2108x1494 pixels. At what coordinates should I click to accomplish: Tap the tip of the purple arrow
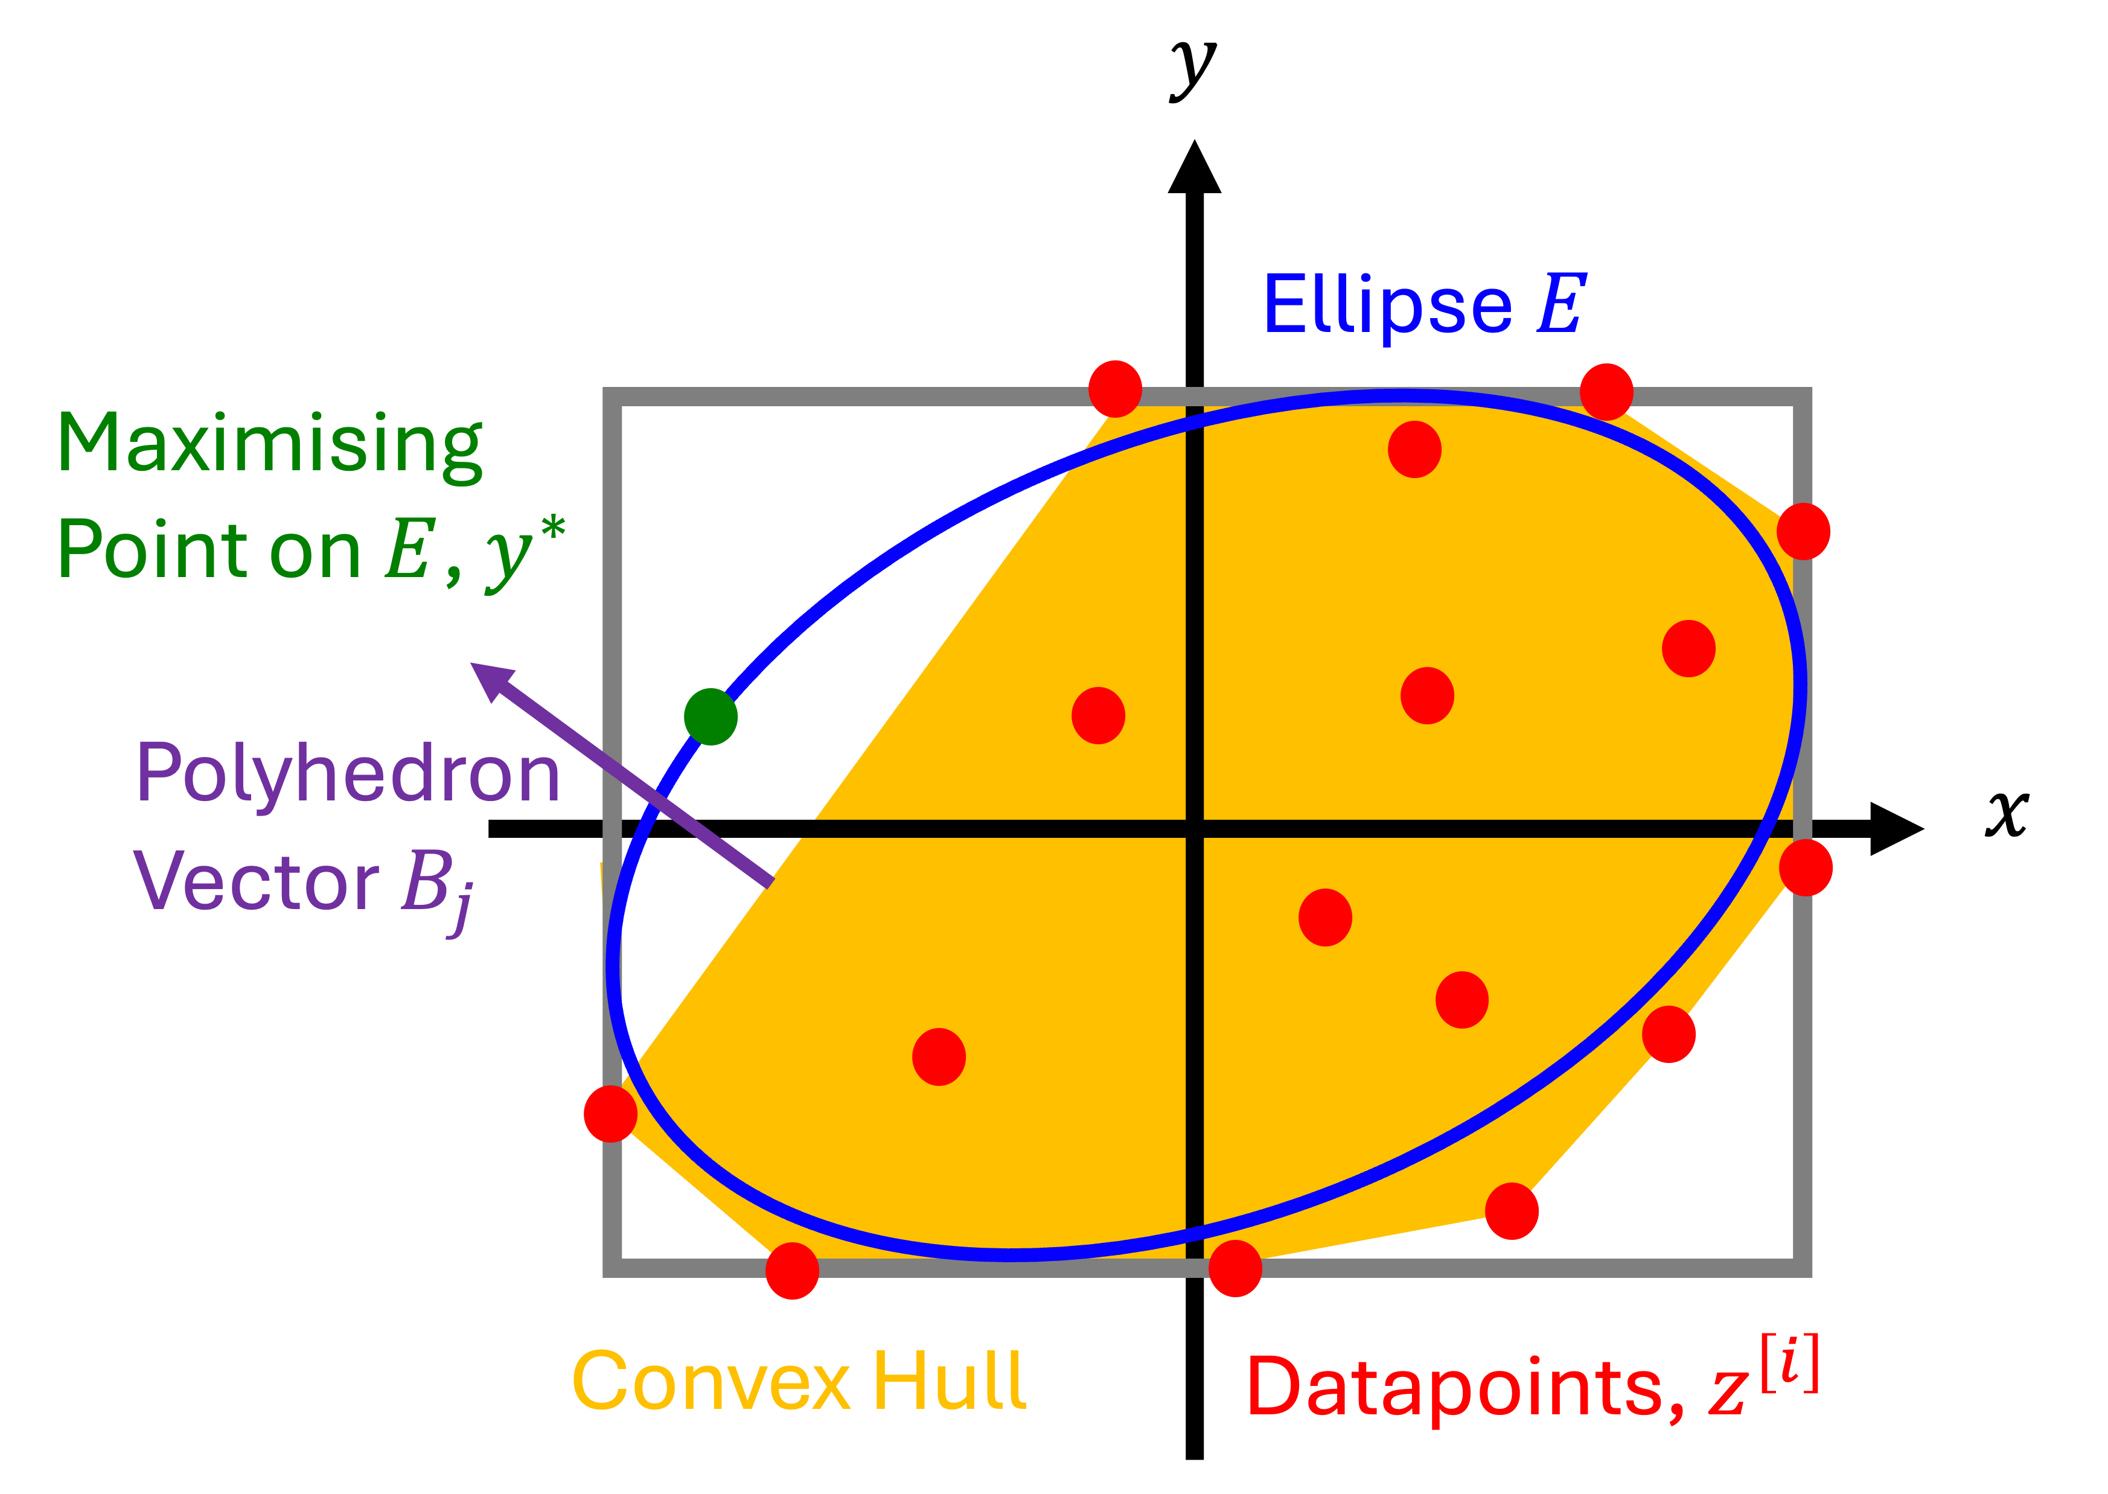(x=474, y=665)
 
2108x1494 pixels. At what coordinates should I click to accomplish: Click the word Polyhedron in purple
(x=348, y=774)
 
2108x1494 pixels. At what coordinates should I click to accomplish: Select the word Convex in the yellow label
(x=711, y=1381)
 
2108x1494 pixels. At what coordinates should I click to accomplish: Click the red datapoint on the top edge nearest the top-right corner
(x=1606, y=392)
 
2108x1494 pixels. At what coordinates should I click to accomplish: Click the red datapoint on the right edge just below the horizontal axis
(x=1806, y=867)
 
